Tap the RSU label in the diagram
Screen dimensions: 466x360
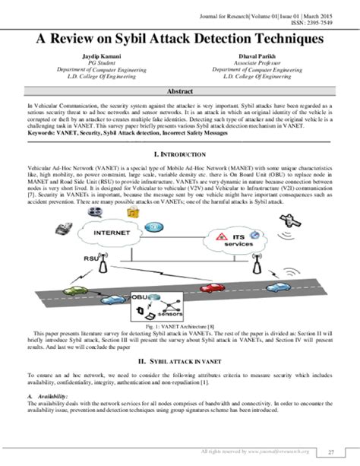[x=92, y=258]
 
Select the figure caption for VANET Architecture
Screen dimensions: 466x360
[x=180, y=325]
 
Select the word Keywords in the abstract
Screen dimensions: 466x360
[x=42, y=133]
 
